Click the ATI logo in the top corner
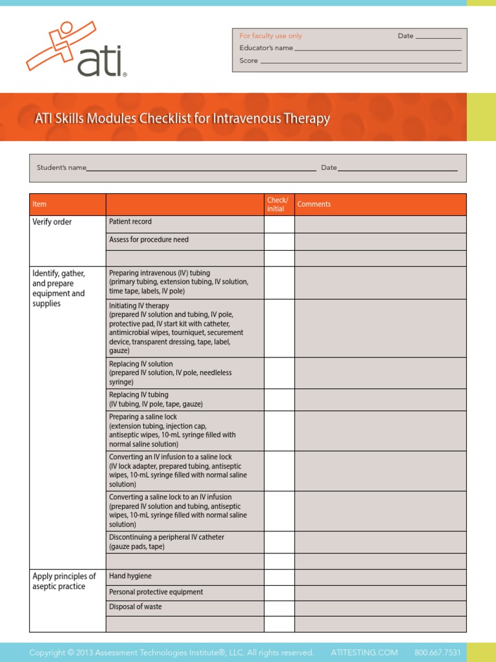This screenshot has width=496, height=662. pos(76,49)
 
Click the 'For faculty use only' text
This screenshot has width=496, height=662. pos(271,36)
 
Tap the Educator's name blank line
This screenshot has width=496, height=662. pos(377,48)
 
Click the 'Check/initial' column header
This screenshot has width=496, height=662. pos(278,204)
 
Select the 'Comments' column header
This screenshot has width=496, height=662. pos(314,204)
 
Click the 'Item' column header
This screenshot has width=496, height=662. pos(39,204)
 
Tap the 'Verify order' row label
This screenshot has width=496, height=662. pos(52,222)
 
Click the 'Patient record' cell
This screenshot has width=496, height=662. pos(130,222)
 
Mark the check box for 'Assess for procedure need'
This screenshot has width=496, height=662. pos(279,241)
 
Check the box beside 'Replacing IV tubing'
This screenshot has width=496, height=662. pos(279,400)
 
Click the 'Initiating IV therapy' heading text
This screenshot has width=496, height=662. pos(139,306)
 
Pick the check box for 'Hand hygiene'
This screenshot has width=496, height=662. pos(279,577)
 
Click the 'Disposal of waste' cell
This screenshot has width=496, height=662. pos(136,607)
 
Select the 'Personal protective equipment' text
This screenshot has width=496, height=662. pos(156,592)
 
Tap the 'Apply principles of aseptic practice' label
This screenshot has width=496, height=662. pos(64,581)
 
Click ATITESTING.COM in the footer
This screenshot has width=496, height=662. pos(364,652)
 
